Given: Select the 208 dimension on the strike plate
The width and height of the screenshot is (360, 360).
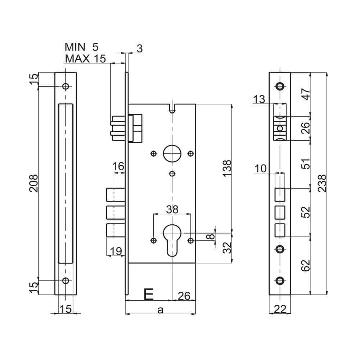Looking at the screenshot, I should point(33,183).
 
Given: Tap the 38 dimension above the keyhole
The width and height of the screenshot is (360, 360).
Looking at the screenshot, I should point(172,210).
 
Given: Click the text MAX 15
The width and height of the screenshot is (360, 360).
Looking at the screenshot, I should point(85,59).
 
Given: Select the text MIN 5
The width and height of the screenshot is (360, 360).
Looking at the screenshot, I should point(81,47).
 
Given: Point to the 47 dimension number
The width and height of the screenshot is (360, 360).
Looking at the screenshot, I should point(306,94).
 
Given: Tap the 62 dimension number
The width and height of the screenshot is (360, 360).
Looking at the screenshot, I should point(306,265).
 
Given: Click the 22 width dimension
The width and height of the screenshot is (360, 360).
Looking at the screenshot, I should point(280,309).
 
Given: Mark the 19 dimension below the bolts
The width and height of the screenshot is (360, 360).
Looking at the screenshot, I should point(115,251).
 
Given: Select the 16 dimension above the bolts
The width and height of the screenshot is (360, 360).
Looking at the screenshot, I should point(118,166).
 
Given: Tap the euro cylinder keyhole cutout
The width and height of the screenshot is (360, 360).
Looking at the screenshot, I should point(172,239).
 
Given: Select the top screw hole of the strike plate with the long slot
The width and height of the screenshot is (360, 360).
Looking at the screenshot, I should point(66,86).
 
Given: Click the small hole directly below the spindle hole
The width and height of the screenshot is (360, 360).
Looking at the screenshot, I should point(172,174).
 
